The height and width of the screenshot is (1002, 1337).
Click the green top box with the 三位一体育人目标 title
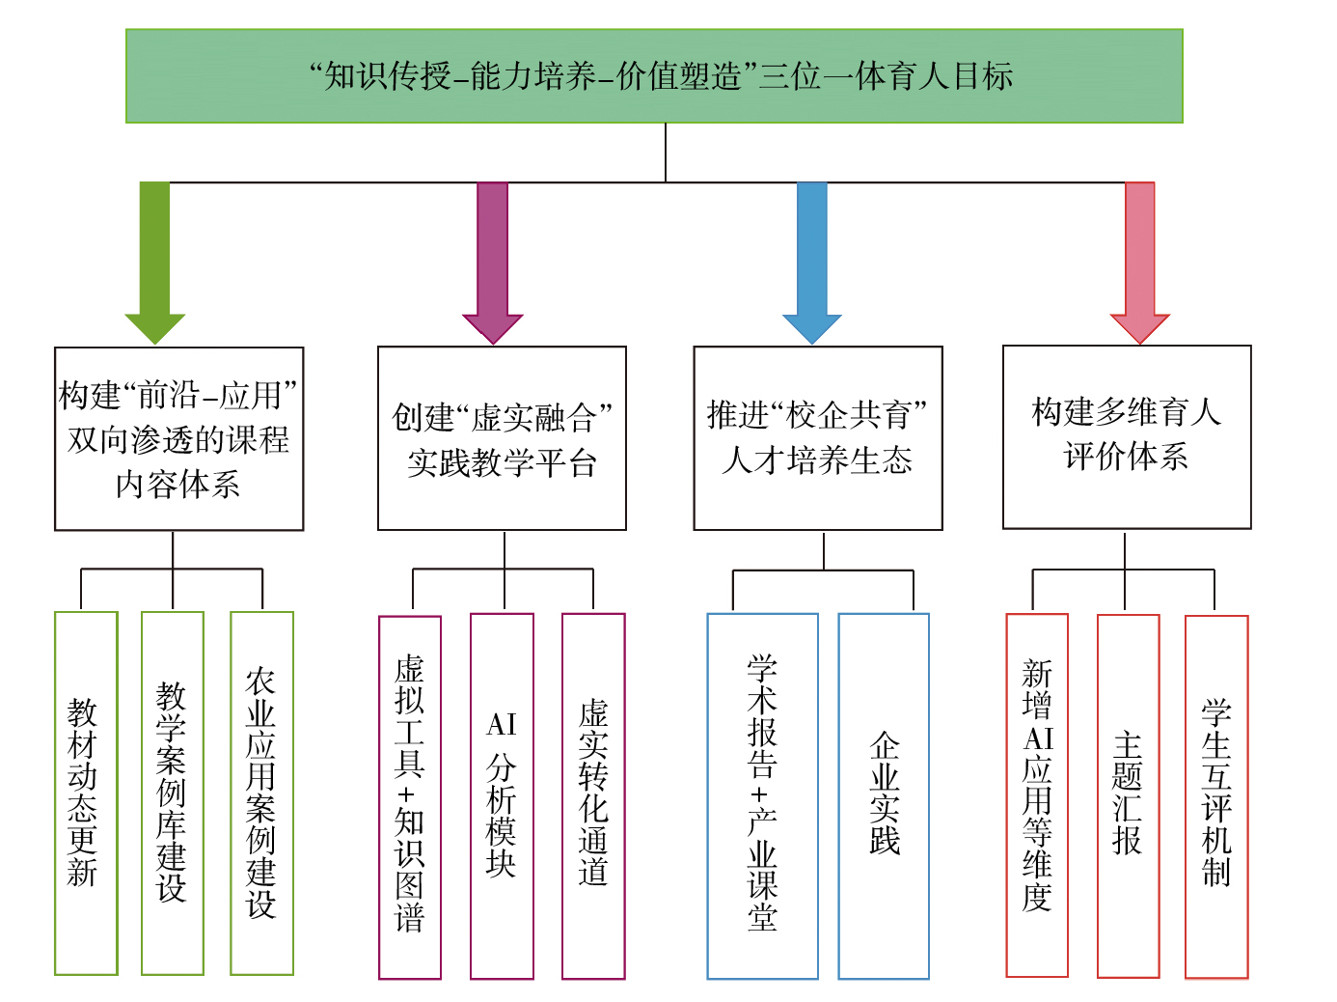click(x=654, y=76)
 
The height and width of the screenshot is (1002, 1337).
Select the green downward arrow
click(x=154, y=261)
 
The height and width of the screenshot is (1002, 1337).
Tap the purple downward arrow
click(x=492, y=261)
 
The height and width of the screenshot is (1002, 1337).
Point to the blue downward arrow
click(x=812, y=261)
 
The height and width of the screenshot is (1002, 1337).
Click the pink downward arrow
click(x=1139, y=261)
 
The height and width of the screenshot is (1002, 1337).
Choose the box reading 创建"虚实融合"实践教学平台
click(x=502, y=438)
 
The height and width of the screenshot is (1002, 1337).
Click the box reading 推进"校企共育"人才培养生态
click(x=817, y=438)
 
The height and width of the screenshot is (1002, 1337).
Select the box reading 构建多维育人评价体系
click(x=1127, y=436)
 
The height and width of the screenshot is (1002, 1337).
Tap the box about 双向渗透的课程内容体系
click(x=178, y=438)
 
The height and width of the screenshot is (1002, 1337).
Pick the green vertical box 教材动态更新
click(x=86, y=793)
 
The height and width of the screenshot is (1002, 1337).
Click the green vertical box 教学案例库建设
click(x=172, y=793)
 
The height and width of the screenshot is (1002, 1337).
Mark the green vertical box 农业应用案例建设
click(x=261, y=793)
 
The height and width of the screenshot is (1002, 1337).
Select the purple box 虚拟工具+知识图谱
click(x=410, y=796)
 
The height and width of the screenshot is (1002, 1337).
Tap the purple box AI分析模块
click(x=502, y=796)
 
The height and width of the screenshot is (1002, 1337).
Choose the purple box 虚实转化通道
click(x=593, y=796)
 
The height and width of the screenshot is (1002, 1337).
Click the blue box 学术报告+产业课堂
click(x=762, y=796)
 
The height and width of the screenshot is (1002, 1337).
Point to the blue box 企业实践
click(x=884, y=796)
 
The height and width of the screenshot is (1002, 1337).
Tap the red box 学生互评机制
click(x=1216, y=796)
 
